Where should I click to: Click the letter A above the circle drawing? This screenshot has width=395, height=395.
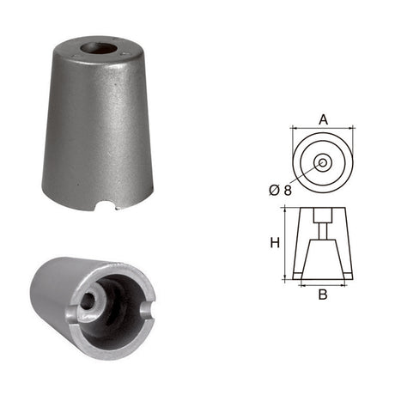[x=323, y=119]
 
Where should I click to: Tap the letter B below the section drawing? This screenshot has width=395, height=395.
[x=323, y=295]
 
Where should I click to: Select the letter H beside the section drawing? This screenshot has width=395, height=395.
[x=275, y=243]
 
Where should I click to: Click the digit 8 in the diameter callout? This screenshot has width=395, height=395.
[x=288, y=190]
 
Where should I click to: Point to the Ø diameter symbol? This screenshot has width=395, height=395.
[x=274, y=190]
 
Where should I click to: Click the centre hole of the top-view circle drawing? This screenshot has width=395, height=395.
[x=323, y=163]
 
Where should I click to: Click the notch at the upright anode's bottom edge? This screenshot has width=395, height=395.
[x=106, y=206]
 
